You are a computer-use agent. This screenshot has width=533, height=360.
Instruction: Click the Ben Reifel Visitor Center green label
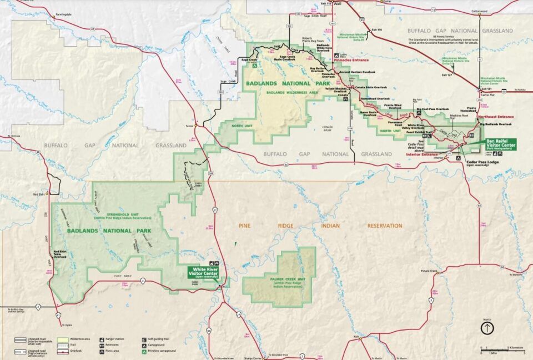click(501, 143)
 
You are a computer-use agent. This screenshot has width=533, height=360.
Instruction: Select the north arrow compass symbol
click(487, 328)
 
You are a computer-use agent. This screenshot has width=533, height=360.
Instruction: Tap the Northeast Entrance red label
click(497, 117)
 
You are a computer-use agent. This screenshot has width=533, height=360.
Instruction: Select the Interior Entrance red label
click(423, 154)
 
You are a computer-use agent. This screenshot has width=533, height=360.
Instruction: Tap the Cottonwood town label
click(479, 11)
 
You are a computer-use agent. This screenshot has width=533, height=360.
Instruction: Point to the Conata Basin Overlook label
click(370, 87)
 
